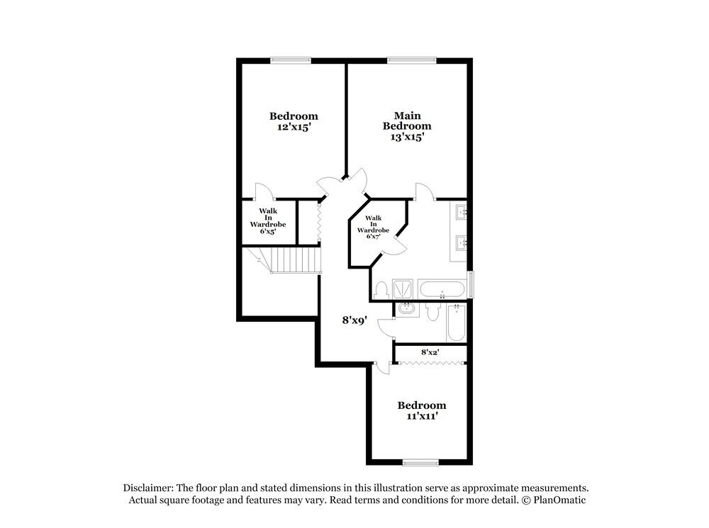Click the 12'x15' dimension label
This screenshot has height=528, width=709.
294,128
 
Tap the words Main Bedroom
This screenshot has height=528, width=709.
407,120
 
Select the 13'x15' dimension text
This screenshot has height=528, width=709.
407,137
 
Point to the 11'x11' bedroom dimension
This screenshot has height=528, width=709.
421,417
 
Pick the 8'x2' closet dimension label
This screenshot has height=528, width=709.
430,352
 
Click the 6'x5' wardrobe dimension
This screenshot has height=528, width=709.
267,230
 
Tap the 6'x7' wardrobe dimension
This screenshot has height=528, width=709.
374,236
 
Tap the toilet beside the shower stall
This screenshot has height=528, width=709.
382,289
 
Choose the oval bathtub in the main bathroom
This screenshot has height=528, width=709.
442,289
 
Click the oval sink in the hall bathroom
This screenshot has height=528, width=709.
407,309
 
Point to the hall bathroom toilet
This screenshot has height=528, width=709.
433,312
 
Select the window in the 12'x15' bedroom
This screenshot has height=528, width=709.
290,60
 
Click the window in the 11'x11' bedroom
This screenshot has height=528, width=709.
421,463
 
